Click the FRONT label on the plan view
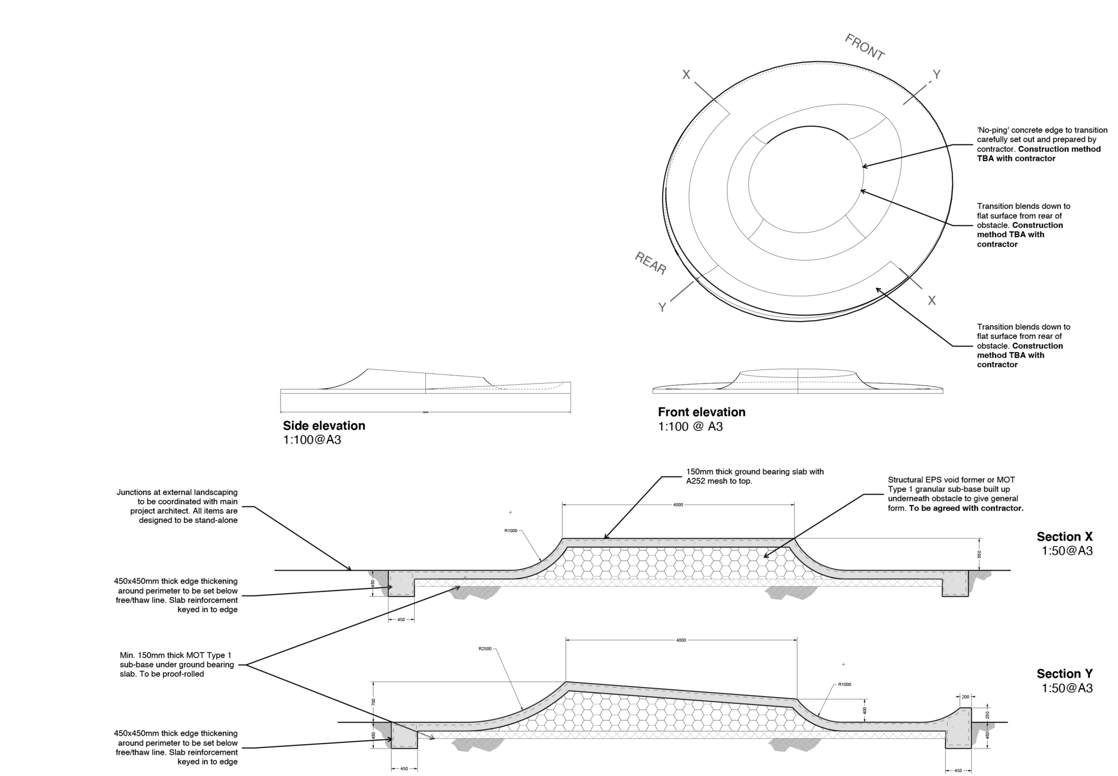864,48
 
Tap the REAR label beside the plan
651,263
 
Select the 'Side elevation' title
324,425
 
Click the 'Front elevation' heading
702,412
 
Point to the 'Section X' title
1064,537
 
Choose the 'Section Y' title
1064,674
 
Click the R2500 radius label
485,649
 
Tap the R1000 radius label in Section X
510,531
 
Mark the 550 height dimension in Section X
979,555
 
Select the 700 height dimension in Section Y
374,702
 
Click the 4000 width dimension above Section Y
681,640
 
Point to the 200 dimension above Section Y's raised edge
965,697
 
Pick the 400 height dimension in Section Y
865,711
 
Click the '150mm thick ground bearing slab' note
755,476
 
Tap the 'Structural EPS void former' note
955,494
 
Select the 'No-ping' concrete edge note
1041,144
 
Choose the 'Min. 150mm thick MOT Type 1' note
177,664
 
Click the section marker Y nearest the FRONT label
937,74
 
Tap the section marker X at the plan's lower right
931,301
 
